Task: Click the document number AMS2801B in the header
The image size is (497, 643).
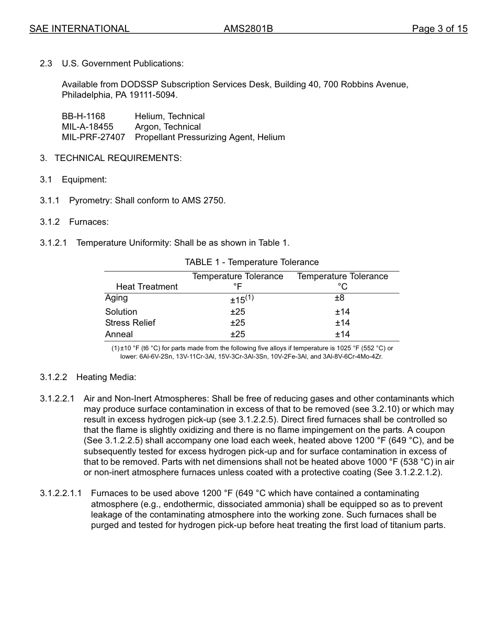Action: pyautogui.click(x=248, y=29)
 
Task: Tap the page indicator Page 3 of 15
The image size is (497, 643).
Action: pyautogui.click(x=439, y=29)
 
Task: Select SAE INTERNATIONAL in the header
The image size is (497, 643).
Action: pyautogui.click(x=79, y=29)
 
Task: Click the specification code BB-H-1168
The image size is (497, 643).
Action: pyautogui.click(x=83, y=116)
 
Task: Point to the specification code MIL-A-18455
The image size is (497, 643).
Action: pyautogui.click(x=87, y=127)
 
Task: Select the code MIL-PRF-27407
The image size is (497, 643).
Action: pyautogui.click(x=93, y=137)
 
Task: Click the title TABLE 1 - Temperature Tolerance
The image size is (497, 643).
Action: pyautogui.click(x=251, y=262)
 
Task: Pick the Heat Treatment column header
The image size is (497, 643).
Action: pyautogui.click(x=146, y=286)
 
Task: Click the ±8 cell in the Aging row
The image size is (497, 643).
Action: pyautogui.click(x=340, y=298)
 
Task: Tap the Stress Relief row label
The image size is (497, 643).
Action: pyautogui.click(x=130, y=323)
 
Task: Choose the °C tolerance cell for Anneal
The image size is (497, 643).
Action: pyautogui.click(x=342, y=334)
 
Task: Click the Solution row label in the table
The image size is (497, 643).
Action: pyautogui.click(x=121, y=312)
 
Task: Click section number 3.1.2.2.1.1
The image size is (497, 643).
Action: pyautogui.click(x=61, y=493)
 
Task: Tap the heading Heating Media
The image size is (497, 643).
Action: pyautogui.click(x=106, y=377)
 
